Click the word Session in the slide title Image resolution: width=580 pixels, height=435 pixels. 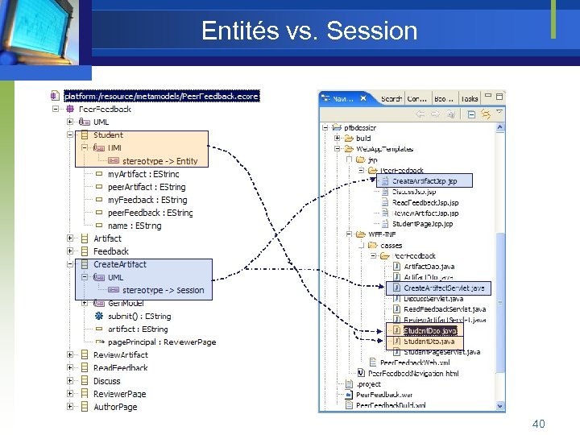[372, 31]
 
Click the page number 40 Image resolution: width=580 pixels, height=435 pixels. [538, 423]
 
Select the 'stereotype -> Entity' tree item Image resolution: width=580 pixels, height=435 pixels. [159, 161]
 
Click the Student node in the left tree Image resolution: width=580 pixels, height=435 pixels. [108, 135]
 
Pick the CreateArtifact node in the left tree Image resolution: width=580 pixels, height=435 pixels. [119, 264]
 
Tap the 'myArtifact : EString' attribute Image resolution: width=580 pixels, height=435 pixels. [143, 174]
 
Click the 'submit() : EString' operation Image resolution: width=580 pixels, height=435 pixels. [139, 317]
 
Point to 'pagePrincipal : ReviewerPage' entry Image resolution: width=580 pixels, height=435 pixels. [161, 342]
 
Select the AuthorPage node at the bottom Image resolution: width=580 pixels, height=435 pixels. [115, 407]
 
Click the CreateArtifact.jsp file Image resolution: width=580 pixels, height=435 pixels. [425, 181]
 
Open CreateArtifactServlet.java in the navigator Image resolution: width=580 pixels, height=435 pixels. [444, 288]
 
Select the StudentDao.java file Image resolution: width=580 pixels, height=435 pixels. [429, 330]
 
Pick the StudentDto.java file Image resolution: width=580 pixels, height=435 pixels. [429, 342]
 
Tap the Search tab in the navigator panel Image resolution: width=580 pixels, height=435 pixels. [391, 99]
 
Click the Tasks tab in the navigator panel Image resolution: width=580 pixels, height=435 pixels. [470, 99]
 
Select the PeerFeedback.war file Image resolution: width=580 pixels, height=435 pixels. [383, 395]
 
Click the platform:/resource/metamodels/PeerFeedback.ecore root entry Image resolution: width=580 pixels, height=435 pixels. [161, 96]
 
